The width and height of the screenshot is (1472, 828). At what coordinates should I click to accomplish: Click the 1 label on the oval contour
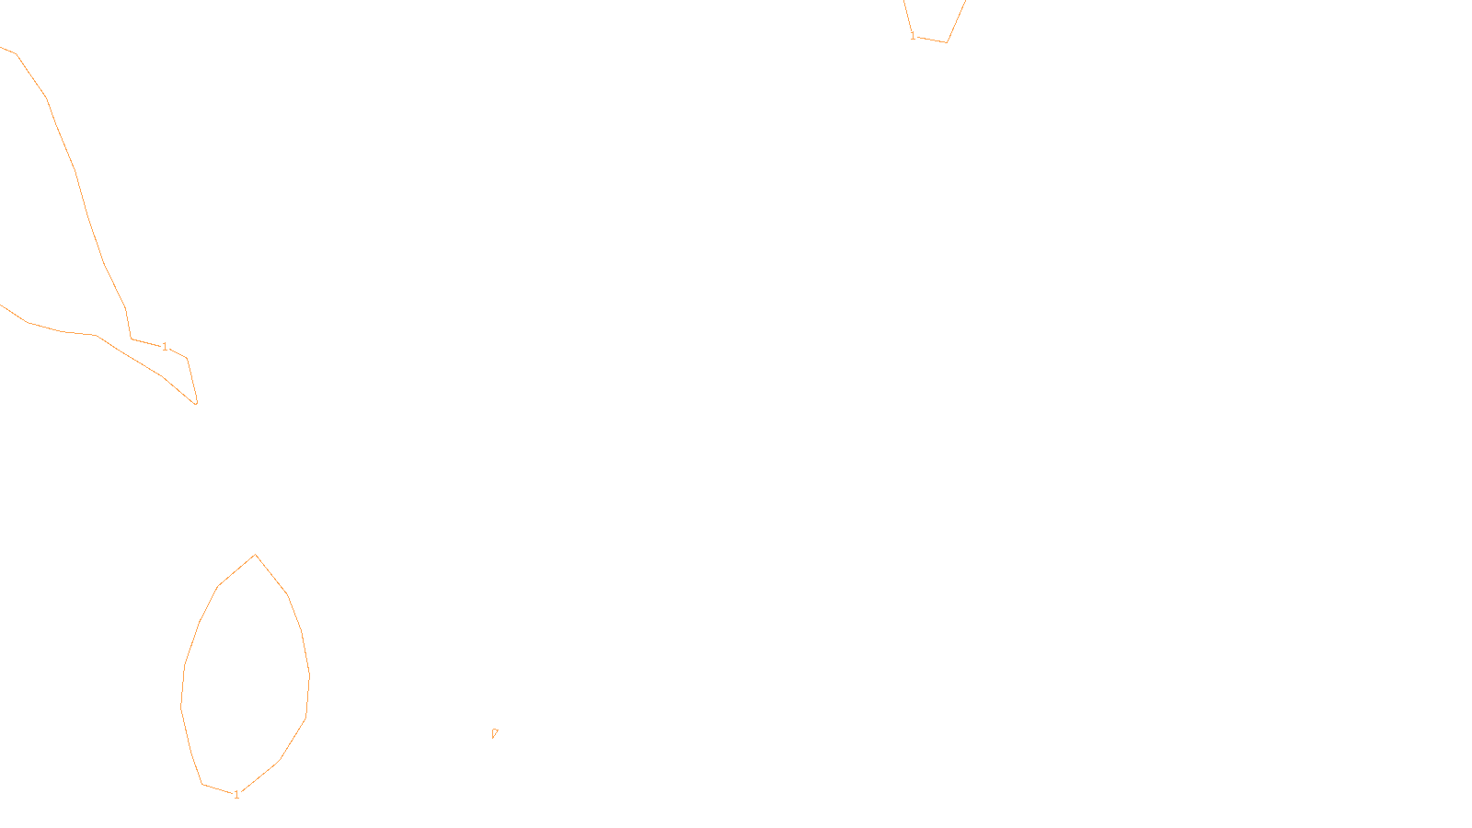[236, 794]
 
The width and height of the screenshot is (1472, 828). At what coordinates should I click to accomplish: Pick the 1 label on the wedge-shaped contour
[165, 347]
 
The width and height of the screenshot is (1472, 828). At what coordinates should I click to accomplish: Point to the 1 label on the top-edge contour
[913, 36]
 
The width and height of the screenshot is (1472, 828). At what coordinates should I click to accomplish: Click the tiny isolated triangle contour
[494, 733]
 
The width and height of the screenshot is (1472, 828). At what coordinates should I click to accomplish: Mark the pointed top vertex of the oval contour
[255, 555]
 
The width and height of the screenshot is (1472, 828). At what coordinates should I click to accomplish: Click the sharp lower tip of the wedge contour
[196, 403]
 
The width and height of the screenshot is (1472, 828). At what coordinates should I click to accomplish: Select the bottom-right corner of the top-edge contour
[947, 41]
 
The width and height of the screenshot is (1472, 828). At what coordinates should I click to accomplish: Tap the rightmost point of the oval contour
[309, 676]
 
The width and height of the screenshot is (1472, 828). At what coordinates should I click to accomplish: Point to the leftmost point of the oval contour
[181, 706]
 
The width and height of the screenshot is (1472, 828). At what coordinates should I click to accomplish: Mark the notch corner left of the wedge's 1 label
[131, 339]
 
